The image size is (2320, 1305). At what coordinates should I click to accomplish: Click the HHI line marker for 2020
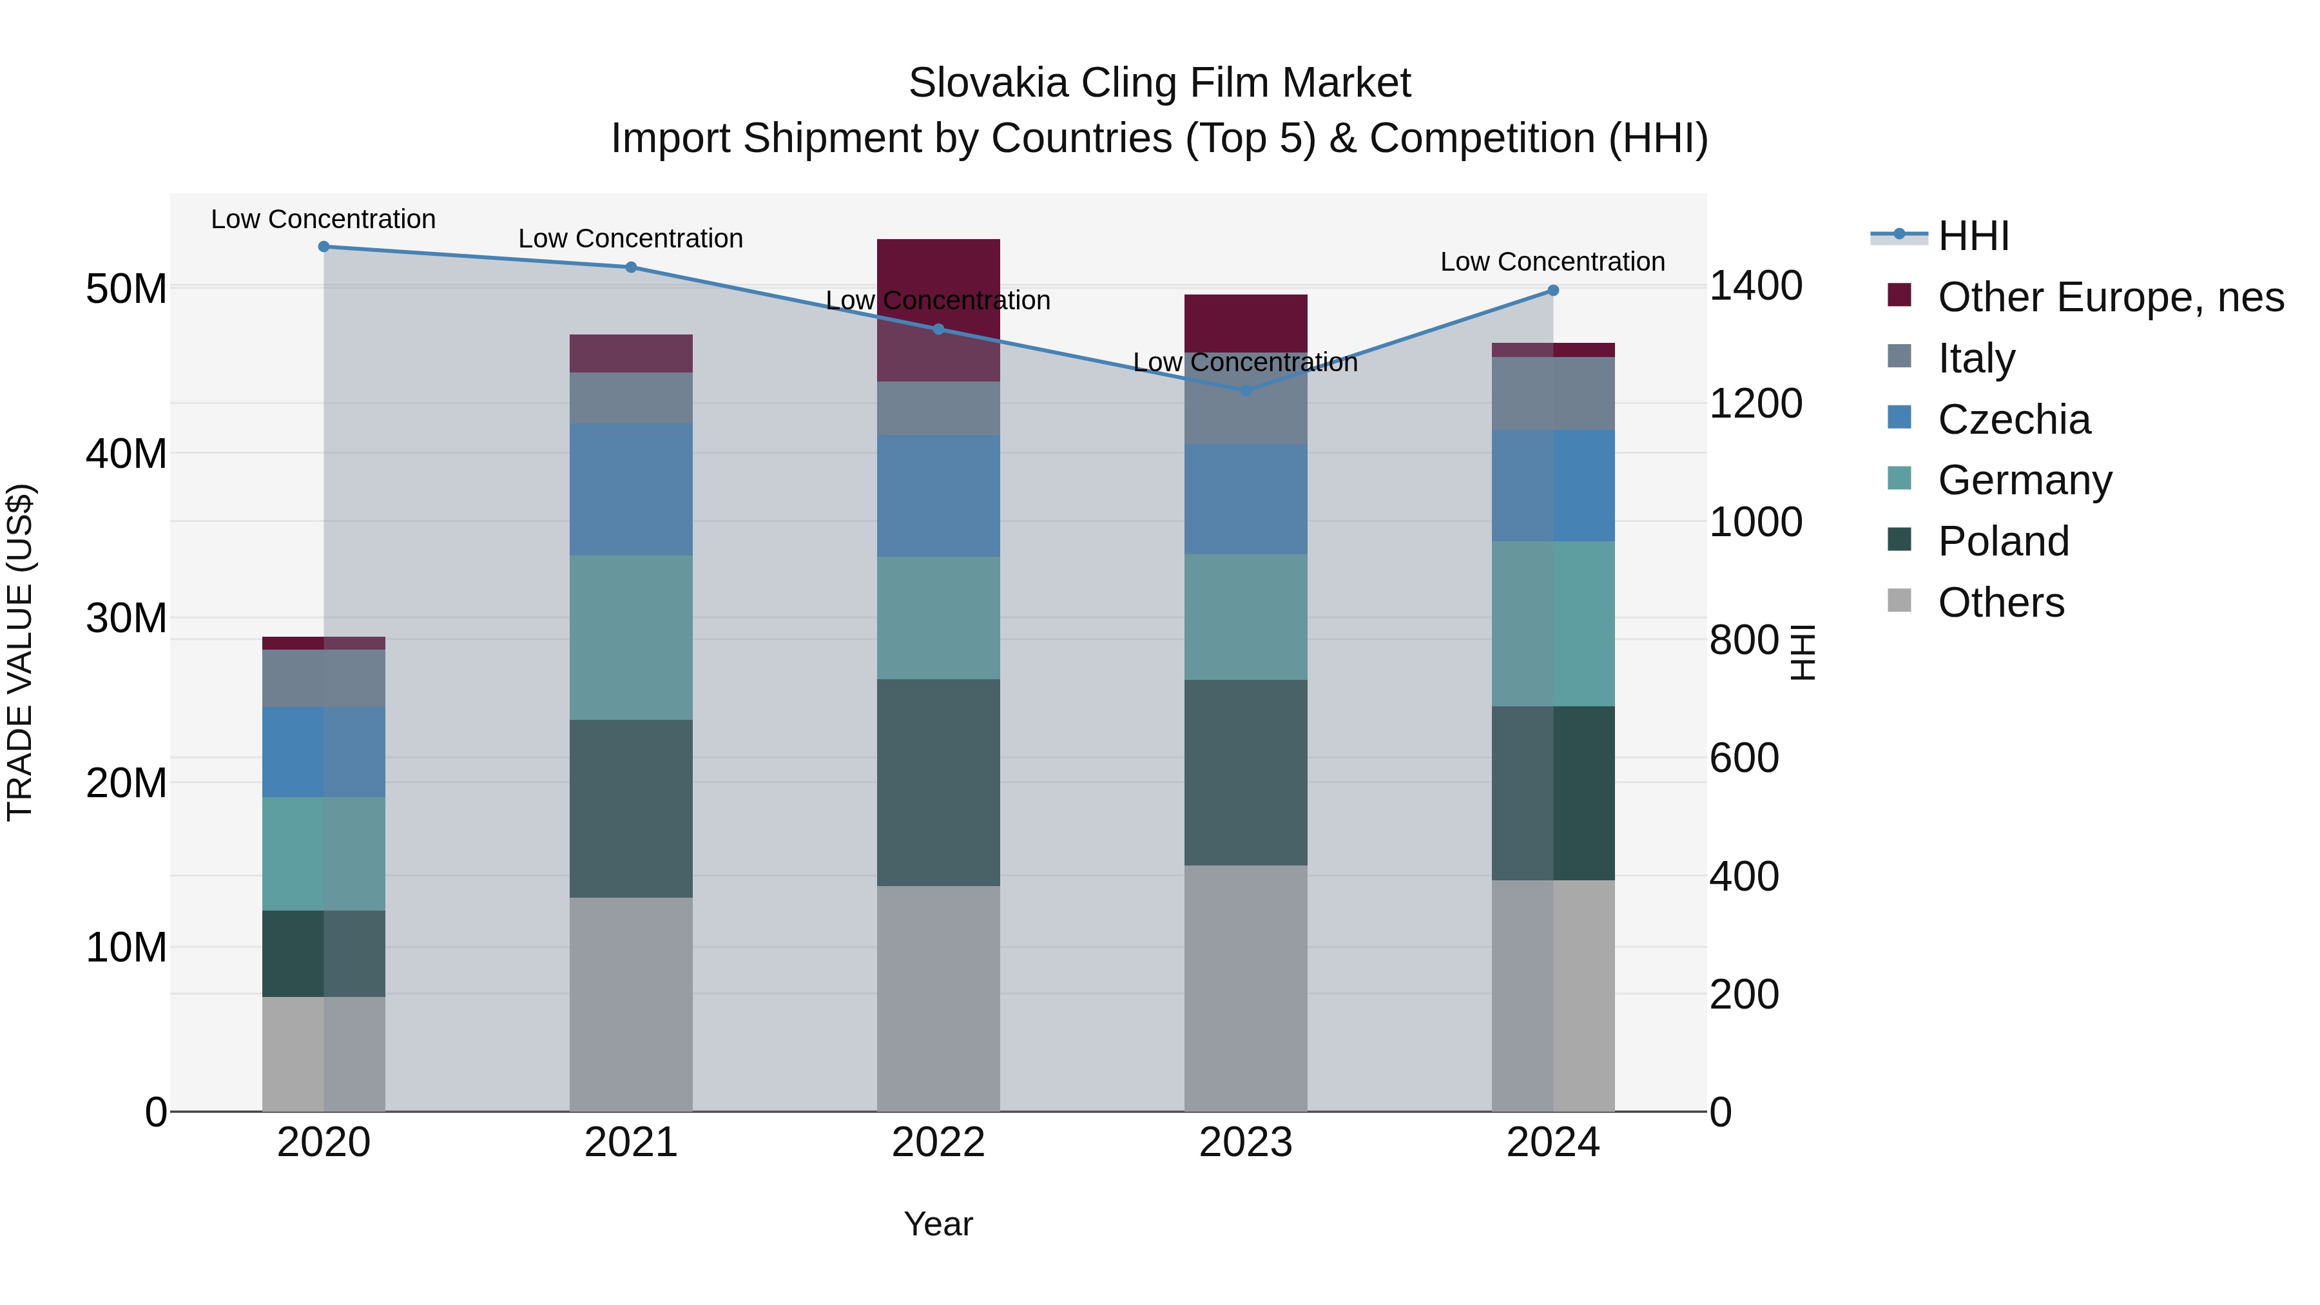pos(324,247)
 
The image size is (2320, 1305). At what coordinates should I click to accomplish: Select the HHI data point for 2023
pos(1246,391)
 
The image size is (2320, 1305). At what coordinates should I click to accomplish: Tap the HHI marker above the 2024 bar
pos(1552,290)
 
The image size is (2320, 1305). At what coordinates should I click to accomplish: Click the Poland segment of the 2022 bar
pos(938,782)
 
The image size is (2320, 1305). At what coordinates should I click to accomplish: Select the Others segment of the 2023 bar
pos(1246,988)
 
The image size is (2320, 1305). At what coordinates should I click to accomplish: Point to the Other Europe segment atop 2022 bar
pos(938,270)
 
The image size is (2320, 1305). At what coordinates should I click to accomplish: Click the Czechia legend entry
pos(2014,420)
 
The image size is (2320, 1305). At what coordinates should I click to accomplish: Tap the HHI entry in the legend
pos(1973,236)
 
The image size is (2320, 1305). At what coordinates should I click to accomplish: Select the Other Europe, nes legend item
pos(2110,297)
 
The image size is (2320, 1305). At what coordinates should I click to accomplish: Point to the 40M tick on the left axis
pos(126,454)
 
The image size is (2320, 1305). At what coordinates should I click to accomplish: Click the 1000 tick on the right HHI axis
pos(1755,523)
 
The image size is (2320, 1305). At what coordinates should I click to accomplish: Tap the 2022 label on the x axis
pos(938,1143)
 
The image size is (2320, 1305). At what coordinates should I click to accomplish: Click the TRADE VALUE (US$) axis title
pos(20,652)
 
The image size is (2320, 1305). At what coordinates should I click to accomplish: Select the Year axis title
pos(938,1224)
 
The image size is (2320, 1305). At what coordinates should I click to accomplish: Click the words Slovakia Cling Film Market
pos(1159,83)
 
